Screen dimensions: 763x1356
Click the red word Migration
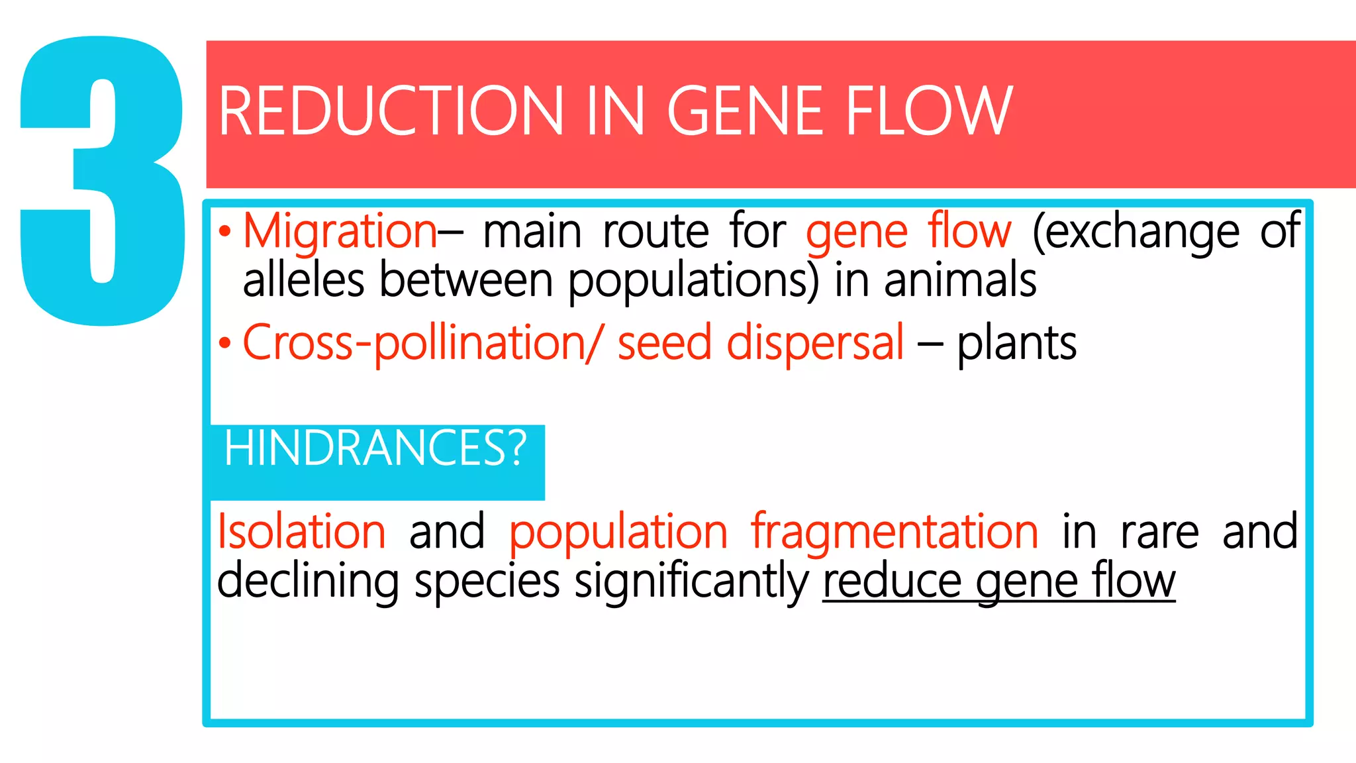(340, 232)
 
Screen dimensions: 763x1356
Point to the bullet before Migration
(225, 232)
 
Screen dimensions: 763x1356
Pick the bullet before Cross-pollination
(225, 344)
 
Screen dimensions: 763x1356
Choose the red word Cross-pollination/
(422, 344)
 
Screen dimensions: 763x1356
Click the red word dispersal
(815, 344)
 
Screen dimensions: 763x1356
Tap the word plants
(1016, 344)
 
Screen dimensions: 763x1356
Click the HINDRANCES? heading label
(375, 449)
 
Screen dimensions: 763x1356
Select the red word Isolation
(301, 532)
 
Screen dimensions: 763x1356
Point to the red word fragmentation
(895, 532)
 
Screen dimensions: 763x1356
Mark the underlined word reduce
(891, 582)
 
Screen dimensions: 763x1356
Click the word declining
(308, 582)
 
